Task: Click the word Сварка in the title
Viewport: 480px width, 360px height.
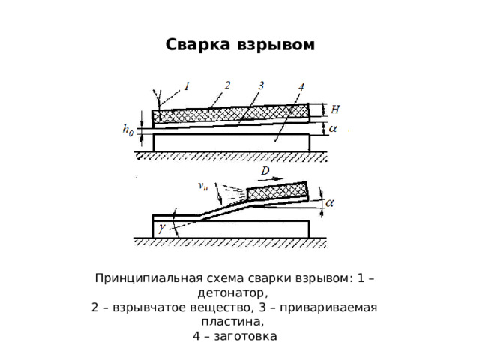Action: point(197,45)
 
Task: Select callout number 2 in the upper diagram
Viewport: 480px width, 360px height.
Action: point(227,85)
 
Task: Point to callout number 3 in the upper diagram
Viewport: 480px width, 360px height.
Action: point(261,85)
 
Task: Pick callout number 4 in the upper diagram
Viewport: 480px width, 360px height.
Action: point(301,87)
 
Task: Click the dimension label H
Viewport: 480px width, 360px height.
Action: point(335,109)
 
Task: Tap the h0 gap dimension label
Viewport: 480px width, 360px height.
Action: point(128,130)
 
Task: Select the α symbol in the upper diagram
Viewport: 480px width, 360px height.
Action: point(333,129)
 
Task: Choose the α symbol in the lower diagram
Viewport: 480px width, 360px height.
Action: point(329,203)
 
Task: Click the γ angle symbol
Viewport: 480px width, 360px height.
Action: point(162,228)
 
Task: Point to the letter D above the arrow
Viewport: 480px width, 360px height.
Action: point(265,170)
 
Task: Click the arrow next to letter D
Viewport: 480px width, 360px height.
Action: point(277,179)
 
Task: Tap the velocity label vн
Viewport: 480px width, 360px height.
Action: point(203,186)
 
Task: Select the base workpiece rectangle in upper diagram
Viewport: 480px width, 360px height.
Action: point(231,142)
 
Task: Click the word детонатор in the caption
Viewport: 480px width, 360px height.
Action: point(232,293)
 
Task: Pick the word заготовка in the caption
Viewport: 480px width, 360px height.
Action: point(246,336)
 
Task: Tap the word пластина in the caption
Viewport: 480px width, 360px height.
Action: point(232,322)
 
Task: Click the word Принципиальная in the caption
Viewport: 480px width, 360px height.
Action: point(148,278)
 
